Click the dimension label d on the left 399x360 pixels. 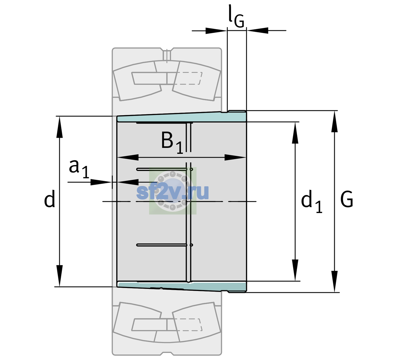coord(49,199)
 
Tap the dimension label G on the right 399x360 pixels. coord(346,199)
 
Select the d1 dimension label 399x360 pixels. coord(311,201)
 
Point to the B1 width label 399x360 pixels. coord(172,142)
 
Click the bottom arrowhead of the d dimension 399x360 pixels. coord(59,276)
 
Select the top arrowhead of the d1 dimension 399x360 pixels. coord(295,133)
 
